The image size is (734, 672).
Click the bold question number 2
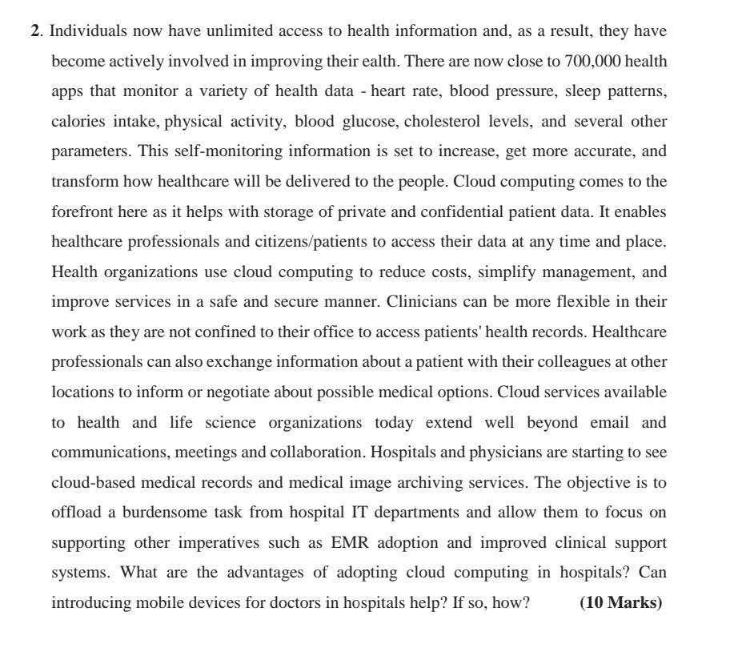[x=35, y=31]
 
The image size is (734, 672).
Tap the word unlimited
[x=241, y=31]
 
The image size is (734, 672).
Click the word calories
[x=78, y=122]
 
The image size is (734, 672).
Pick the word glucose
[x=370, y=122]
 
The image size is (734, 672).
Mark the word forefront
[x=82, y=212]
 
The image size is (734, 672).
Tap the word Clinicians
[x=423, y=302]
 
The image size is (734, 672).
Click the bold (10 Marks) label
[x=621, y=603]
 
